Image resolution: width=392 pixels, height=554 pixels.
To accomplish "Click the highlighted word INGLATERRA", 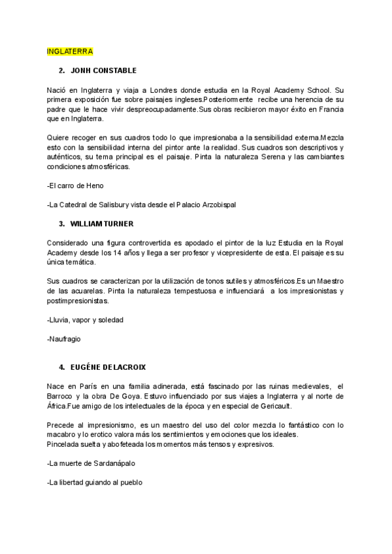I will [x=70, y=51].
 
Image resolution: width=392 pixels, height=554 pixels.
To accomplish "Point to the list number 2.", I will [x=61, y=70].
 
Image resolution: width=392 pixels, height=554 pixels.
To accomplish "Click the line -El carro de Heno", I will [x=75, y=186].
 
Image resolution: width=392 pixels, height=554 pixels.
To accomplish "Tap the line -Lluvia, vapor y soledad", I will [x=85, y=319].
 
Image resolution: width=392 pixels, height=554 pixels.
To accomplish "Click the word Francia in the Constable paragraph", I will [x=331, y=109].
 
